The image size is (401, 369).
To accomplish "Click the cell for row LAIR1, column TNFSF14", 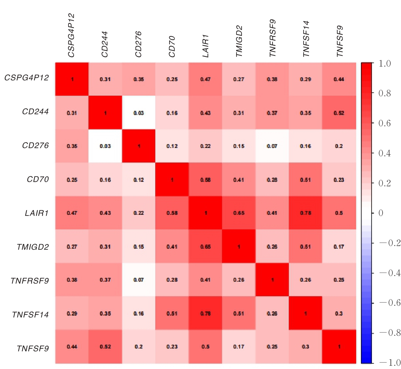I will (x=305, y=213).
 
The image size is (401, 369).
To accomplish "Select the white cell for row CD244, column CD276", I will (x=139, y=113).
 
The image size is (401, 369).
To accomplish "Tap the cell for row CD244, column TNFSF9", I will (x=339, y=113).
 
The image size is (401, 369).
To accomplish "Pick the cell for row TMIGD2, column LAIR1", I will (x=205, y=246).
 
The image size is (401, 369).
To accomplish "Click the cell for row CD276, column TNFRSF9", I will (x=272, y=146).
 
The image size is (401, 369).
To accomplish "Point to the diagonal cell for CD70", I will (x=172, y=179).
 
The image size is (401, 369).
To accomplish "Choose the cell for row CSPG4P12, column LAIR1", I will (x=205, y=79).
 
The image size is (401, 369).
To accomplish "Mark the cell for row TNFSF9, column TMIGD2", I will (x=239, y=346).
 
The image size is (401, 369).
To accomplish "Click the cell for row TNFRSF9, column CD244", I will (x=105, y=280).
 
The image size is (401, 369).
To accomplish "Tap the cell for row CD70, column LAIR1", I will (x=205, y=179).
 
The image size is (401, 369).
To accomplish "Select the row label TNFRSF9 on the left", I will (x=30, y=281).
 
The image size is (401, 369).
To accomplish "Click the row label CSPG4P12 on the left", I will (x=26, y=78).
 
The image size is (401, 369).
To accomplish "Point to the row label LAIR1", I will (x=37, y=213).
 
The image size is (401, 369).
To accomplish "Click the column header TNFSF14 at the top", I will (x=306, y=39).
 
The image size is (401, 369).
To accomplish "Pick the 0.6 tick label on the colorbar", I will (x=385, y=123).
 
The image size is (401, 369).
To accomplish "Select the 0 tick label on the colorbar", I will (x=381, y=213).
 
